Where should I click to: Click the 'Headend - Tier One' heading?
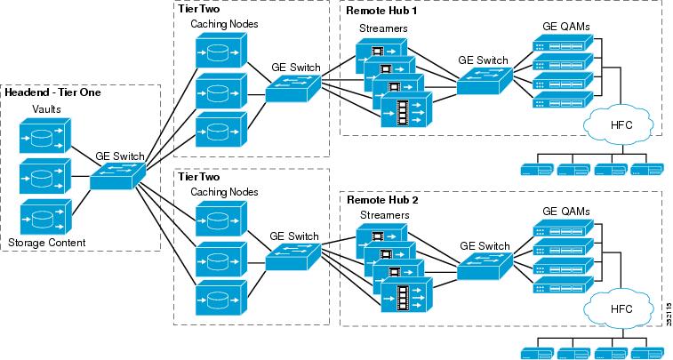53,92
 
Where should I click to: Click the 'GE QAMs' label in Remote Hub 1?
566,27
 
